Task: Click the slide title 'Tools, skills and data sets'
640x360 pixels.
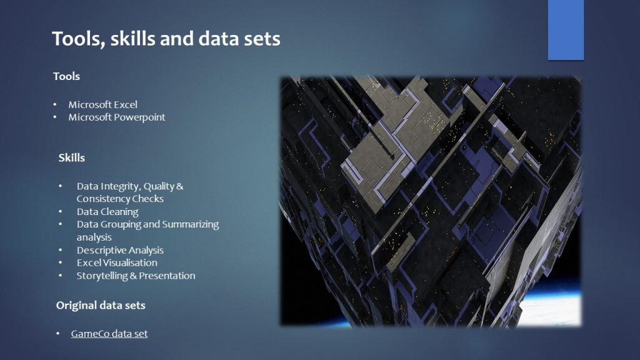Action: (x=166, y=39)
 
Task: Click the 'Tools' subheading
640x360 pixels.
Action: (x=66, y=76)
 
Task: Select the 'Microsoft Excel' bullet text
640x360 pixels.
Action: (x=103, y=104)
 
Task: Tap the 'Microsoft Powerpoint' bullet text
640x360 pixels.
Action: (x=117, y=117)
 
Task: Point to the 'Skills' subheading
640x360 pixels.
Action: (x=71, y=158)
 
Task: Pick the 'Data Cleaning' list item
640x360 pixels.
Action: (x=107, y=212)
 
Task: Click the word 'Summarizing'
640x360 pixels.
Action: (x=191, y=224)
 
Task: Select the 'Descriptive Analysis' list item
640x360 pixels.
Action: (x=120, y=250)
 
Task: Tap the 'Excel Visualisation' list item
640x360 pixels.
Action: (x=117, y=263)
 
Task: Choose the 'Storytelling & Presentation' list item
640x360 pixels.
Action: (x=136, y=276)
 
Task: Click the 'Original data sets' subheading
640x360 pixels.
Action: (x=101, y=305)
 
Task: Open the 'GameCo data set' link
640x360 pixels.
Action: (x=109, y=334)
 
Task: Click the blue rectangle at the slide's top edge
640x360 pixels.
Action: (x=566, y=30)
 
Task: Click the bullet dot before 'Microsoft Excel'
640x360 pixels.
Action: (x=55, y=105)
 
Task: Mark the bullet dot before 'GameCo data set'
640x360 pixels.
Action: (x=58, y=334)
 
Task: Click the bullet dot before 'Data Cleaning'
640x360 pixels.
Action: (x=61, y=212)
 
